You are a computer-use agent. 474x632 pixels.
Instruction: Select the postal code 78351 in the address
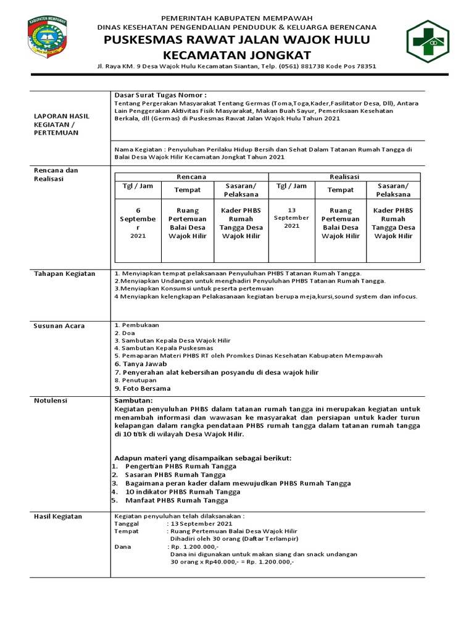[363, 66]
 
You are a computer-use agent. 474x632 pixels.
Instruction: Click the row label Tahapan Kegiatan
[64, 273]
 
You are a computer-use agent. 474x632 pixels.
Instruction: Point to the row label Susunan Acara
[59, 325]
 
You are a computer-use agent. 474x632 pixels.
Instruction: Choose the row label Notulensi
[51, 400]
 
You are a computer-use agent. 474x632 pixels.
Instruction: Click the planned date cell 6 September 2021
[138, 223]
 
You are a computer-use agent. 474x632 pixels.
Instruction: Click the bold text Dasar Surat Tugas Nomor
[160, 95]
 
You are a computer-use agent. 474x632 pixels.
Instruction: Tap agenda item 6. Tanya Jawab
[141, 364]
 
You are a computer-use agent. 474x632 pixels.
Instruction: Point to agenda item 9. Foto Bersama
[143, 388]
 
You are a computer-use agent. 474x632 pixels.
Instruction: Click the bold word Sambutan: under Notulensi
[133, 400]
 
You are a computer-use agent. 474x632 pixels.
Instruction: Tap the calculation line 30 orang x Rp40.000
[231, 562]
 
